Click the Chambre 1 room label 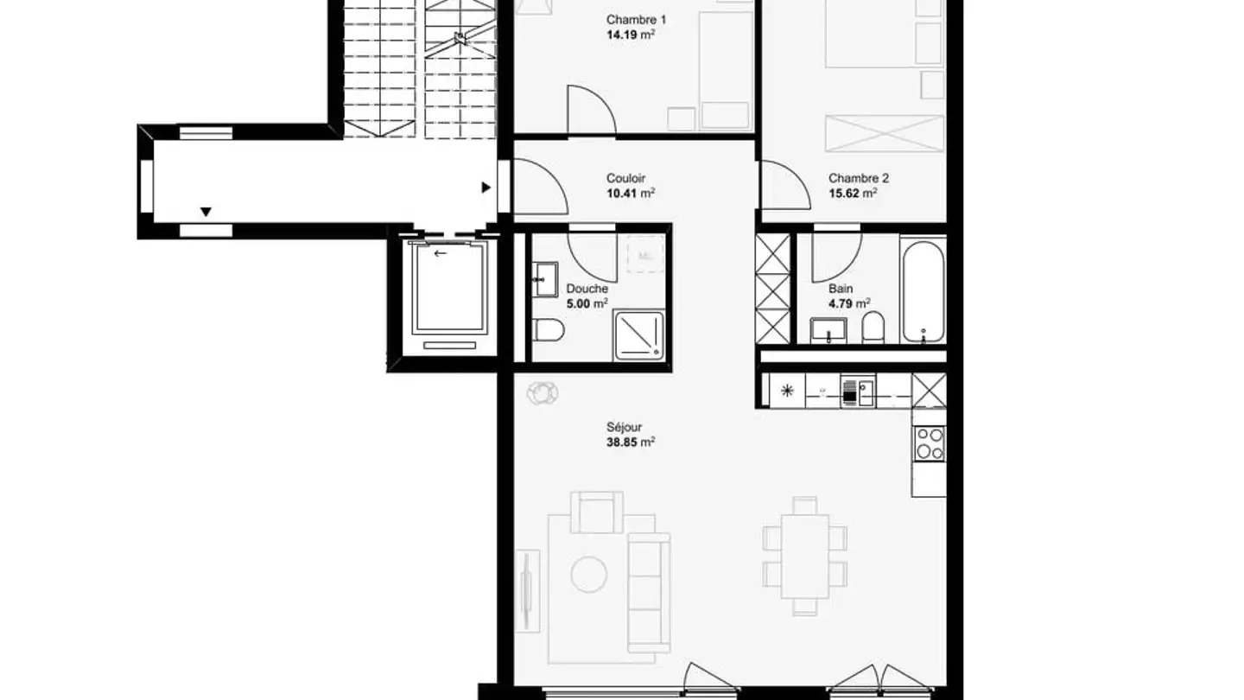636,20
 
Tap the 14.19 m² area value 630,35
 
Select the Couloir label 625,179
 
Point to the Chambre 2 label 858,179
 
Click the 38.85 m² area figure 630,442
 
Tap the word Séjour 624,427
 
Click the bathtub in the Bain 923,292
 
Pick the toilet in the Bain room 873,328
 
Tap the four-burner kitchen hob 930,443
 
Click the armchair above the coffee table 596,512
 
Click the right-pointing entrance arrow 486,187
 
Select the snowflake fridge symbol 787,391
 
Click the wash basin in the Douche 547,278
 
